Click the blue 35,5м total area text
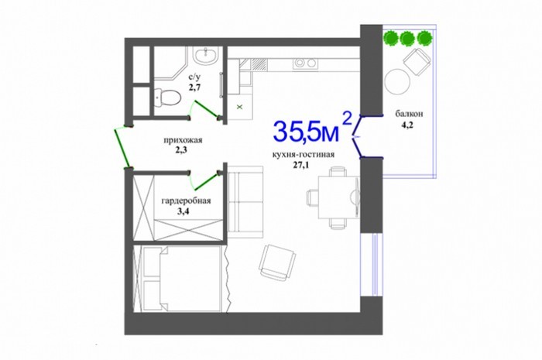[307, 132]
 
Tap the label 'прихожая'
[183, 140]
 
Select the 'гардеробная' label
[186, 201]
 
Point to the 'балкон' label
[410, 113]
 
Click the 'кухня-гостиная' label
[304, 154]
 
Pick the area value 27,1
[300, 165]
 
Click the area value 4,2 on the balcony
[406, 125]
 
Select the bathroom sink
[205, 55]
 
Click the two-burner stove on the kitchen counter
[305, 63]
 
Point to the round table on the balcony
[397, 81]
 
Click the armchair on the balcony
[417, 61]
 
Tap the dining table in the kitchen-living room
[339, 197]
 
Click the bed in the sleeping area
[182, 279]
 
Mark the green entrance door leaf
[122, 148]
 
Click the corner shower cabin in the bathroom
[170, 64]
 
